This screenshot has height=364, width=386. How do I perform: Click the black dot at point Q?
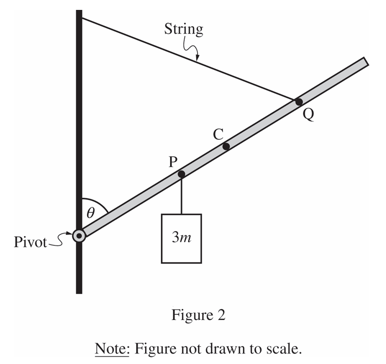click(299, 102)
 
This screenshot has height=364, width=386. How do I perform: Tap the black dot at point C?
click(226, 146)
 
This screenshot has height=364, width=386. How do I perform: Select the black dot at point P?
click(181, 174)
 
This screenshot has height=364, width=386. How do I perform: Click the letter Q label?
click(309, 115)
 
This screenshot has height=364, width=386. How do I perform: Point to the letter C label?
click(218, 134)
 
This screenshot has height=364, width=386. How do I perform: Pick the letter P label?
click(173, 162)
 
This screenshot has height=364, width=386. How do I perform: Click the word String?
click(184, 29)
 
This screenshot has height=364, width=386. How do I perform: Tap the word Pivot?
click(30, 242)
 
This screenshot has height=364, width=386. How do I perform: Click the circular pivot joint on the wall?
click(79, 236)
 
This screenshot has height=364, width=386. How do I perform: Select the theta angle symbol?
click(91, 212)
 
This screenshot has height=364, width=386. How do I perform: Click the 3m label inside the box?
click(182, 237)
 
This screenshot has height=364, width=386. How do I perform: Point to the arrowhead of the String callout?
click(197, 58)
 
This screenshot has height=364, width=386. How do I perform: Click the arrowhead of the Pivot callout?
click(70, 233)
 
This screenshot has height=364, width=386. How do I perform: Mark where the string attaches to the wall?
click(82, 18)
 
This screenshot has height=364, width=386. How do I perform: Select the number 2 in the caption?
click(222, 315)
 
